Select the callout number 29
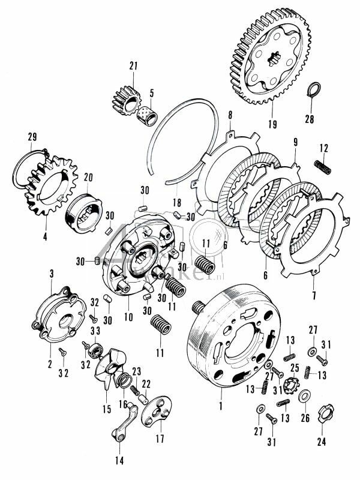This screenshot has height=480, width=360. point(32,140)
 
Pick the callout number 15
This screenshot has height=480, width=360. point(106,409)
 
